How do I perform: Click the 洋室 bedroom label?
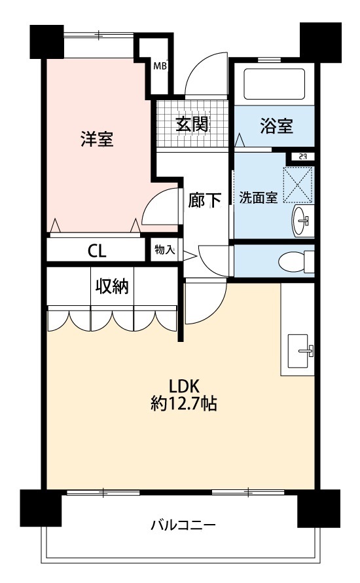pos(98,138)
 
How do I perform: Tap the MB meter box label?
pos(160,66)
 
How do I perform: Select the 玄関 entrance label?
pos(192,124)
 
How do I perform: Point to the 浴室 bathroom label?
pos(276,126)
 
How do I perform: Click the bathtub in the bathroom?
pos(274,84)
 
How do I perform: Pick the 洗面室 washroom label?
pos(258,197)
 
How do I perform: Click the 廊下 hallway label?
pos(205,200)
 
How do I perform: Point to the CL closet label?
pos(97,252)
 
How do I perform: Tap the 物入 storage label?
pos(164,250)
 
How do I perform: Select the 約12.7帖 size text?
pos(184,403)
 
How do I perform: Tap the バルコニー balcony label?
pos(183,525)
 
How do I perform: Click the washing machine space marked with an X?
pos(298,185)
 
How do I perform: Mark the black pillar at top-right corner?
pos(320,41)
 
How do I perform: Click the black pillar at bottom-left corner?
pos(41,507)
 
